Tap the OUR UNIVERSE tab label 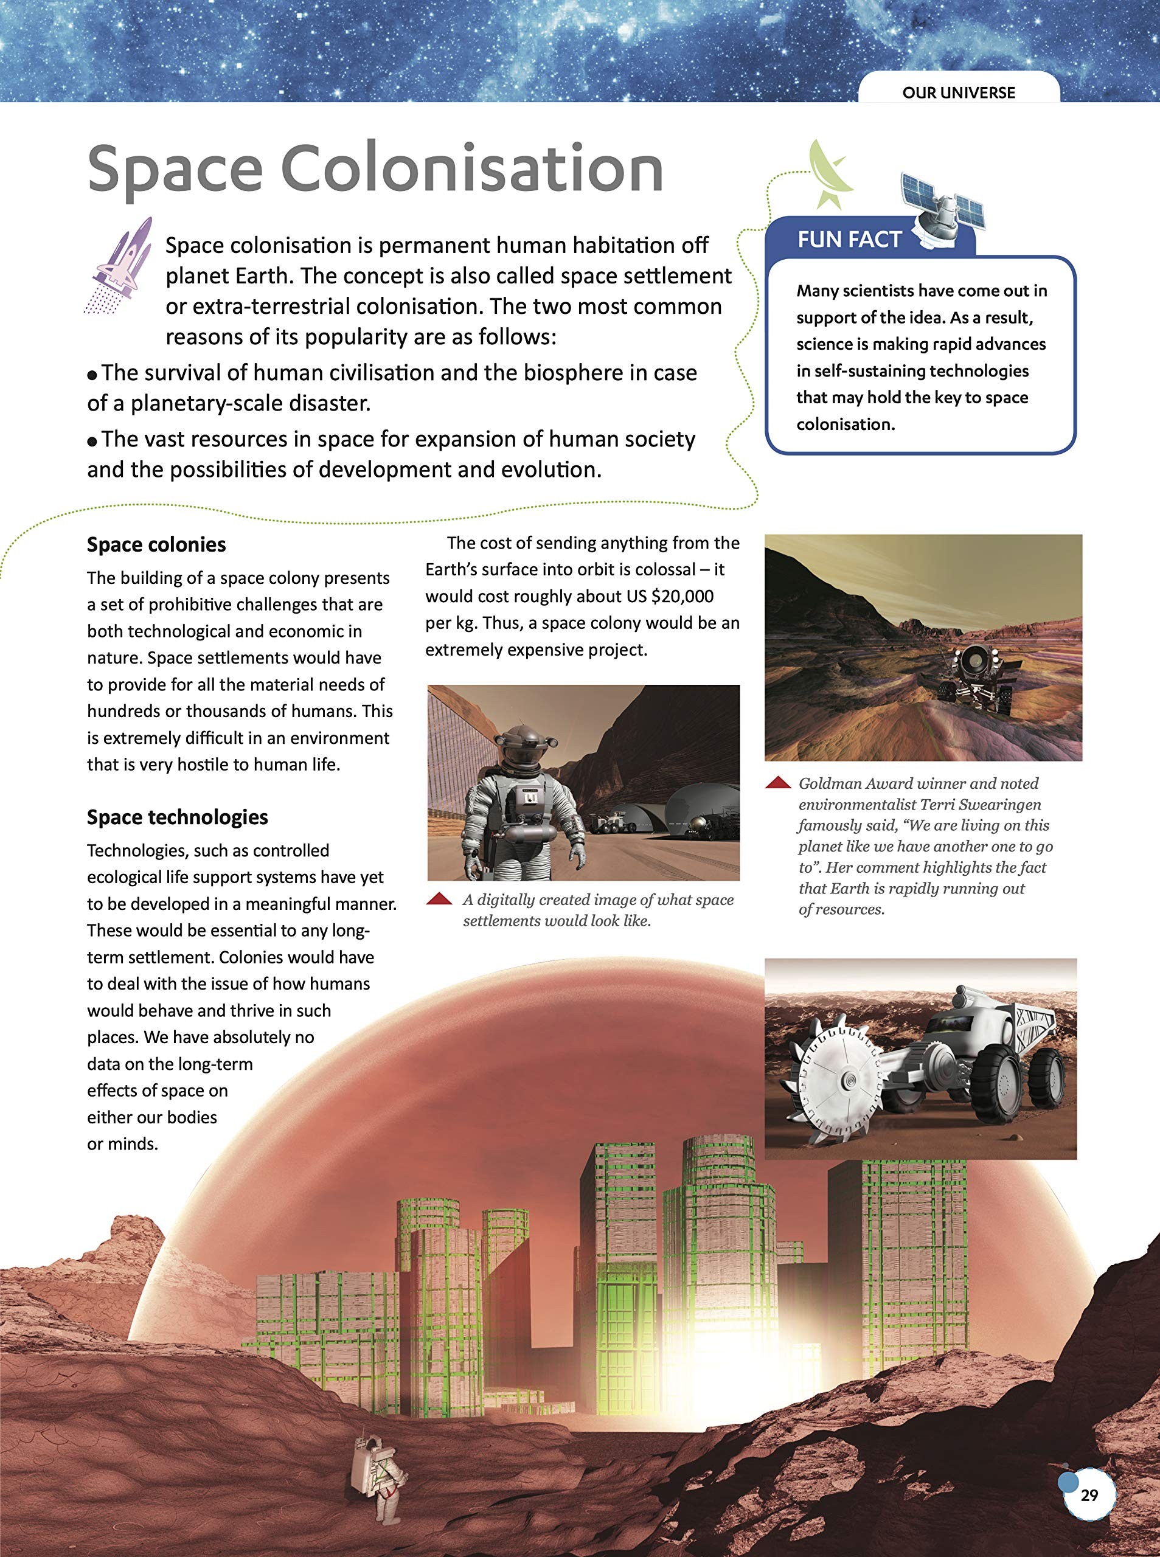coord(959,92)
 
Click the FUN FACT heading coord(849,240)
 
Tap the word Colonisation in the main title coord(472,168)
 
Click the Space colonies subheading coord(156,545)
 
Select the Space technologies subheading coord(177,817)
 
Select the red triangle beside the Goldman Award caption coord(778,783)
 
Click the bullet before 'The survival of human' coord(92,375)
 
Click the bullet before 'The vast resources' coord(92,442)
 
